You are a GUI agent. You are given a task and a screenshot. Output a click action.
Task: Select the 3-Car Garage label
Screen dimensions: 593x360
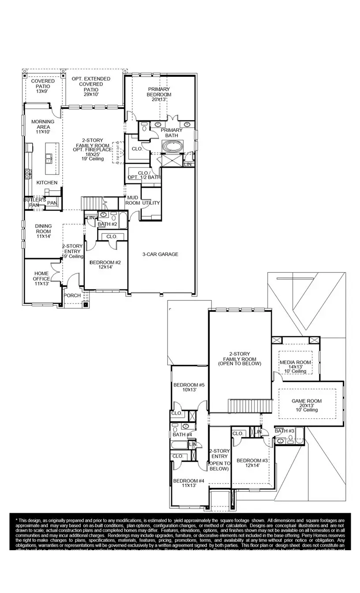click(x=160, y=254)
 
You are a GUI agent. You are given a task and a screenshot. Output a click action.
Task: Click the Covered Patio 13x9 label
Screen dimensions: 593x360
click(x=43, y=86)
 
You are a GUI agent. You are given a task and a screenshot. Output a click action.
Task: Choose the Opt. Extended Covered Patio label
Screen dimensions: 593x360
click(x=91, y=86)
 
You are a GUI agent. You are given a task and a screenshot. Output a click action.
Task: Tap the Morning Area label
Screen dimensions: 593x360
click(x=43, y=127)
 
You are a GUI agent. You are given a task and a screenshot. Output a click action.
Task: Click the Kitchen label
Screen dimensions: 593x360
click(x=47, y=183)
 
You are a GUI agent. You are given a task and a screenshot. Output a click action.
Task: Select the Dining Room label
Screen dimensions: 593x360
click(x=43, y=231)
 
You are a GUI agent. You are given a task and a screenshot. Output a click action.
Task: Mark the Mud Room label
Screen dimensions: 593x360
click(x=133, y=200)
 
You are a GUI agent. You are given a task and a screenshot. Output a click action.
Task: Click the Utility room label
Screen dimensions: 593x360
click(x=151, y=203)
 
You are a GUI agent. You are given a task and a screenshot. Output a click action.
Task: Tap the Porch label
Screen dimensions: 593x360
click(x=72, y=296)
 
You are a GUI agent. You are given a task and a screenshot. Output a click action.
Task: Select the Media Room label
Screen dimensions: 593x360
click(x=296, y=365)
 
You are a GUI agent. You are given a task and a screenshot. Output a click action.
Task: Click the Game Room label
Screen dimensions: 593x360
click(x=307, y=404)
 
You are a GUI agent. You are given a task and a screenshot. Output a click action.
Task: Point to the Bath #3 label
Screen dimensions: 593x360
click(x=285, y=431)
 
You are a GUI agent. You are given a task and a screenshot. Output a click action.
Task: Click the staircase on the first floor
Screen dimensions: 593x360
click(x=92, y=203)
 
